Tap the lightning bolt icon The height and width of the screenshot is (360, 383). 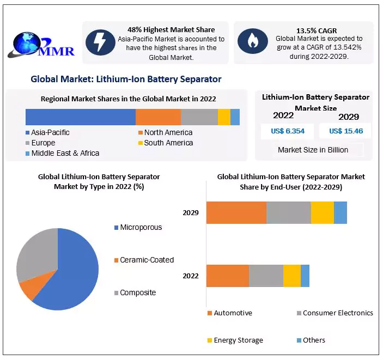click(100, 41)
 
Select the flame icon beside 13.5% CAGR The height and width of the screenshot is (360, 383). click(252, 41)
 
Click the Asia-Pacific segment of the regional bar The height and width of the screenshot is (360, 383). click(80, 117)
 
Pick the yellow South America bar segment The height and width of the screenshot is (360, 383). click(224, 117)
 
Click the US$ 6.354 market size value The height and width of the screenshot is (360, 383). click(283, 131)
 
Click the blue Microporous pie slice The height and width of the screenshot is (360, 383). click(71, 272)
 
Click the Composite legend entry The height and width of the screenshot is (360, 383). click(137, 292)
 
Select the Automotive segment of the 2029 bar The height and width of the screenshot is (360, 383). click(236, 212)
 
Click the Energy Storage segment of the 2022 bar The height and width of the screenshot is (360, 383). click(291, 276)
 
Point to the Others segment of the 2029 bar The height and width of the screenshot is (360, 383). click(340, 212)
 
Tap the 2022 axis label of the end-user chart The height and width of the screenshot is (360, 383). click(191, 276)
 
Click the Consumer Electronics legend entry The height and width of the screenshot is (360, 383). click(337, 313)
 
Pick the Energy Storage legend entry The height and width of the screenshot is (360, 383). click(238, 340)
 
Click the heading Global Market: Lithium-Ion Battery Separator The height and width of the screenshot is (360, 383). click(126, 79)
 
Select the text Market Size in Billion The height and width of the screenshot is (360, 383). click(313, 150)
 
